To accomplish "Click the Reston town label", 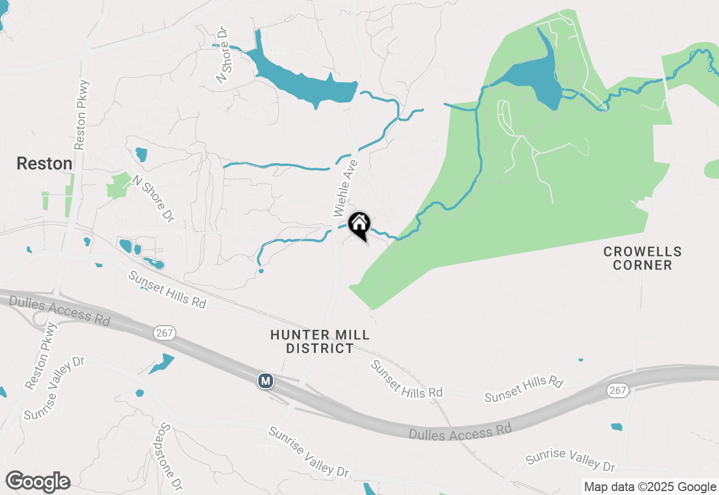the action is (x=44, y=164).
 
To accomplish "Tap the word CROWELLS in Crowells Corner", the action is (x=643, y=251).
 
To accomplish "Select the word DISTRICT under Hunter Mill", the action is (x=320, y=349).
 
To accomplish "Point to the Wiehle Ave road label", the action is (x=345, y=188).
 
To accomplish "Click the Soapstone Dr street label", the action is (x=171, y=456).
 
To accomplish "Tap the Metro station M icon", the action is (x=266, y=381).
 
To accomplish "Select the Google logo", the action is (x=38, y=482).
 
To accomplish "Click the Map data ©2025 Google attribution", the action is (x=650, y=487).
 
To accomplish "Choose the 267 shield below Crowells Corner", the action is (x=618, y=391).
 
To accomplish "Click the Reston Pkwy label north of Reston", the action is (x=81, y=115).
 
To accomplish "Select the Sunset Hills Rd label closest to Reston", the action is (x=167, y=289).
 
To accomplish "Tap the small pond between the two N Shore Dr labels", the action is (x=141, y=154).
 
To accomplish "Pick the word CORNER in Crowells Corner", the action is (x=643, y=265).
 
